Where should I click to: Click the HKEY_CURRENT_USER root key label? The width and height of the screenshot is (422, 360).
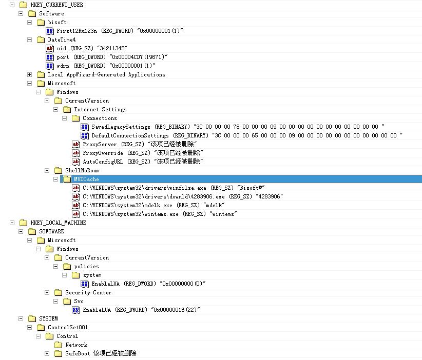pos(56,5)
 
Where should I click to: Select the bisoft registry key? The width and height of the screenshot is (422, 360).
pos(57,22)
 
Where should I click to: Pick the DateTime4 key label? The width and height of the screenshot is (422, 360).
pos(62,39)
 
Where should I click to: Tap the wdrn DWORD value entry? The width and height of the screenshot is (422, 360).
pos(106,66)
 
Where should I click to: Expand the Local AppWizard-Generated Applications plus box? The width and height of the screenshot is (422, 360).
pos(30,74)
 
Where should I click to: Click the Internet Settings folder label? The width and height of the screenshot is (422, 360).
pos(100,109)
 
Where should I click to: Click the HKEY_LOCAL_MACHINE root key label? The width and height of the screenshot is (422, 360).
pos(58,223)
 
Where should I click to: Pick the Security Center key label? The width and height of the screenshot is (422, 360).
pos(88,292)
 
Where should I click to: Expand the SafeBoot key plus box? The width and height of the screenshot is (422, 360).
pos(47,353)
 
